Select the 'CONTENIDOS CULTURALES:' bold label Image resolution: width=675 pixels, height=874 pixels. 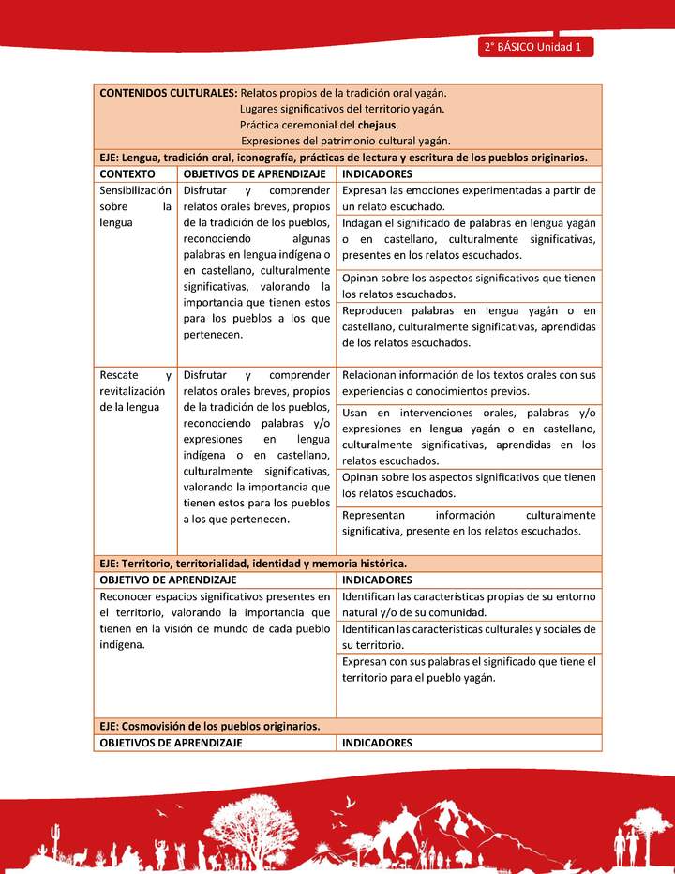pos(168,93)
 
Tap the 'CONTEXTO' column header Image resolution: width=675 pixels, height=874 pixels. pos(127,174)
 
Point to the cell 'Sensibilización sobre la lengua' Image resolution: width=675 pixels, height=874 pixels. pos(136,206)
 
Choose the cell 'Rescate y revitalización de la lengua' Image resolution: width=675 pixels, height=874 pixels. pos(136,391)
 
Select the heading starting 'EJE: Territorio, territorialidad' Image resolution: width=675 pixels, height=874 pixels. pos(253,564)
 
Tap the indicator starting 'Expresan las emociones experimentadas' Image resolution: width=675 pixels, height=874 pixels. pos(469,198)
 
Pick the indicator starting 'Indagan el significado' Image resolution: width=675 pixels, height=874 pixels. pos(469,239)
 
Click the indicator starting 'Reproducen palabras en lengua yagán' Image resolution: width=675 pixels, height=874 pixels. pos(469,326)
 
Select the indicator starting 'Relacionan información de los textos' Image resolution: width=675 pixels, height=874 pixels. pos(469,383)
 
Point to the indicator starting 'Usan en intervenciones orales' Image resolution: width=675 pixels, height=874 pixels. pos(469,437)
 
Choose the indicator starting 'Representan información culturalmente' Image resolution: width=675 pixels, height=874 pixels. pos(469,523)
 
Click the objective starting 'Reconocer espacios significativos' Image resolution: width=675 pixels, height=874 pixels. pos(215,621)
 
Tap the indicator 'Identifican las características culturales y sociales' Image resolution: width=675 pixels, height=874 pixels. pos(469,637)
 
